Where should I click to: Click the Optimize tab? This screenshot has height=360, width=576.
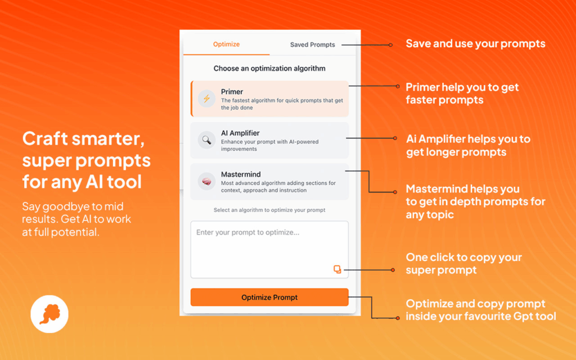226,44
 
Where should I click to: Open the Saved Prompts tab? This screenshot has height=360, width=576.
313,45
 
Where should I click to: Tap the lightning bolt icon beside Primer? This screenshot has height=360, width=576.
206,98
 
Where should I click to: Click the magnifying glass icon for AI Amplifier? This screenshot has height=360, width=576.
206,140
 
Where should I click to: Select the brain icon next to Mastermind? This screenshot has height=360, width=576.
206,182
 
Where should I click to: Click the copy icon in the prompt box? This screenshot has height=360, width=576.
337,269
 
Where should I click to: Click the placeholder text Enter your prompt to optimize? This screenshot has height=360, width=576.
247,232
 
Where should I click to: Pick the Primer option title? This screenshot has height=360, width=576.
232,92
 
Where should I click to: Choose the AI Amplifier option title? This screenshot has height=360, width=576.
240,133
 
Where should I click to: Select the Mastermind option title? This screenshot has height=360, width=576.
241,174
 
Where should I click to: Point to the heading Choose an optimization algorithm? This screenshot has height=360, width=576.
269,68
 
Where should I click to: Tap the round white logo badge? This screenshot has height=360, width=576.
49,314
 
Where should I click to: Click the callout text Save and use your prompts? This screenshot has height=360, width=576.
475,44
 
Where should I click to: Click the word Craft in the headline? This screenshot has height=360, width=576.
45,139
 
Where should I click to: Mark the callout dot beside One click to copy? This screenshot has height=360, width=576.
393,270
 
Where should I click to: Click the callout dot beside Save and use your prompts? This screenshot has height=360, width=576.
390,45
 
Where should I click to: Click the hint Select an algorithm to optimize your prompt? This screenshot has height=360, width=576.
269,210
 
